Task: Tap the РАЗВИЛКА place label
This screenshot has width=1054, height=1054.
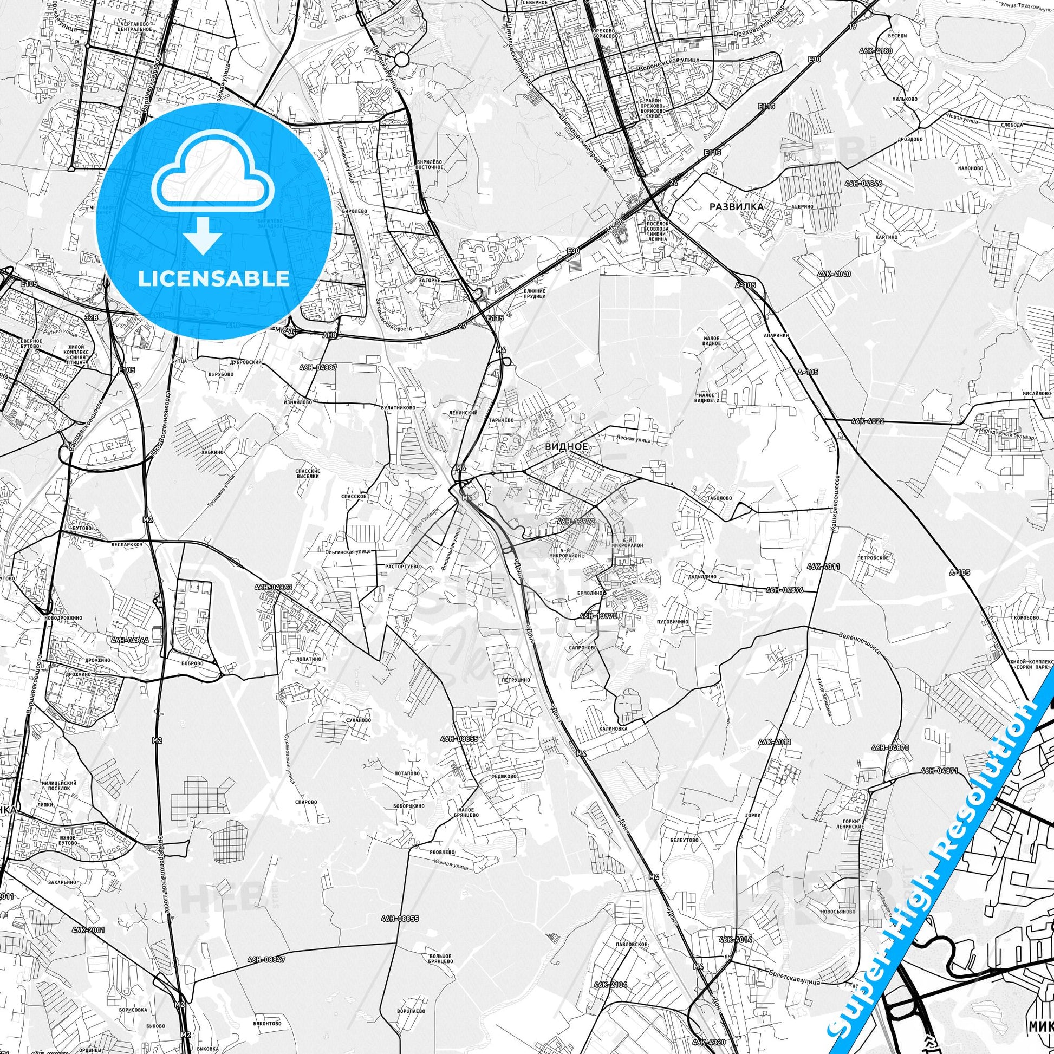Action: click(x=736, y=207)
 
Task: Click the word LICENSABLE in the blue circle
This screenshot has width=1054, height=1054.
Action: click(x=214, y=278)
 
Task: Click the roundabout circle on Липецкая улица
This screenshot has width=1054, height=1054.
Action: click(x=401, y=60)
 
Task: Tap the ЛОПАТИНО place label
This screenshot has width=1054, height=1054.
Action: click(x=309, y=659)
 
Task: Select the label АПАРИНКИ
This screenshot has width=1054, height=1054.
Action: click(x=776, y=336)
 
